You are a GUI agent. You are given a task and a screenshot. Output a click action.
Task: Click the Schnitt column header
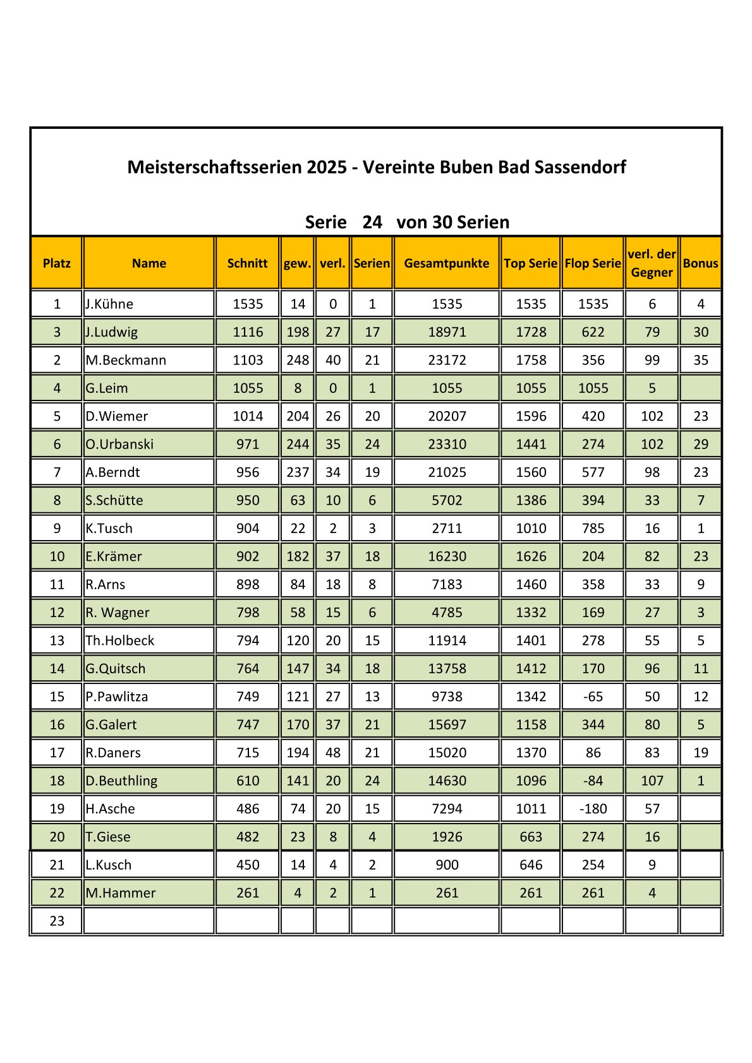(247, 263)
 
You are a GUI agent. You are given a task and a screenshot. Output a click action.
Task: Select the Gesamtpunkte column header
(446, 263)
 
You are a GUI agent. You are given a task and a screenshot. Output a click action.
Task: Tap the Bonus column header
(700, 263)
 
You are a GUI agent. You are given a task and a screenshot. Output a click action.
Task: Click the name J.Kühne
(109, 304)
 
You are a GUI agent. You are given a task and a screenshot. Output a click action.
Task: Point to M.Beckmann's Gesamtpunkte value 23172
(447, 360)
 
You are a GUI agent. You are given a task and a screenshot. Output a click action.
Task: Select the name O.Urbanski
(119, 444)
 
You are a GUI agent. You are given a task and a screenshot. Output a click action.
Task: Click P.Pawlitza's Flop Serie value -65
(593, 697)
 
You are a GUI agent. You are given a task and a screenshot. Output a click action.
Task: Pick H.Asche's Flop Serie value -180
(593, 808)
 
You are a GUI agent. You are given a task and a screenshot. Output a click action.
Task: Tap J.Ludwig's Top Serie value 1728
(530, 332)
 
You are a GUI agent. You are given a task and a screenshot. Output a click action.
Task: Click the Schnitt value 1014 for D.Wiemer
(247, 416)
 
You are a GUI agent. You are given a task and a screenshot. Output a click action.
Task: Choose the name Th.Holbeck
(119, 640)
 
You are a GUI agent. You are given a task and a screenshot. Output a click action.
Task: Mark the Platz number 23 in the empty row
(57, 921)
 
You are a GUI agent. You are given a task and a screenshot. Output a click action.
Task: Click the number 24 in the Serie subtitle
(372, 222)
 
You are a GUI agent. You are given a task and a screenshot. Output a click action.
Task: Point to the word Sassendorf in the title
(580, 167)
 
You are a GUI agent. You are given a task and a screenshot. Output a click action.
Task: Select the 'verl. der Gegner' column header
(652, 263)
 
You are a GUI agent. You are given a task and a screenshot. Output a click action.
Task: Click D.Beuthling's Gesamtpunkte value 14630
(447, 781)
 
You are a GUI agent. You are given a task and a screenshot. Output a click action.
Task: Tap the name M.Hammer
(120, 893)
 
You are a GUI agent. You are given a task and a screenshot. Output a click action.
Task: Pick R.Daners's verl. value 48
(332, 753)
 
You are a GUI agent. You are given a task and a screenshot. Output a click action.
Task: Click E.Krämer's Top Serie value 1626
(530, 556)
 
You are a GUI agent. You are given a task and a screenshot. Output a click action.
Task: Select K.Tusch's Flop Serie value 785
(593, 529)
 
